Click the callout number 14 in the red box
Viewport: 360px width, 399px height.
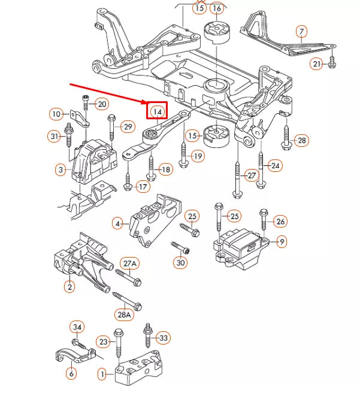point(158,111)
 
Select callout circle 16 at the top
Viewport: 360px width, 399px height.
point(216,8)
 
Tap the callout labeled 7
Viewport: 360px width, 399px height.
point(301,31)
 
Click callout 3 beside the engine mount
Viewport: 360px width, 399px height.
point(60,170)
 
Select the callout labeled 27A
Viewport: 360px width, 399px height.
point(129,263)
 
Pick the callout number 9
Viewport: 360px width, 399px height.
point(282,241)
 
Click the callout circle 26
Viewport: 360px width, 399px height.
point(280,222)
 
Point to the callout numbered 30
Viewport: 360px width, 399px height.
point(180,262)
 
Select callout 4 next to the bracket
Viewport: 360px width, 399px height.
point(118,223)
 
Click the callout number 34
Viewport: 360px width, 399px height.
point(77,327)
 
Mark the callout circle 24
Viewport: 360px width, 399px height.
point(275,165)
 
